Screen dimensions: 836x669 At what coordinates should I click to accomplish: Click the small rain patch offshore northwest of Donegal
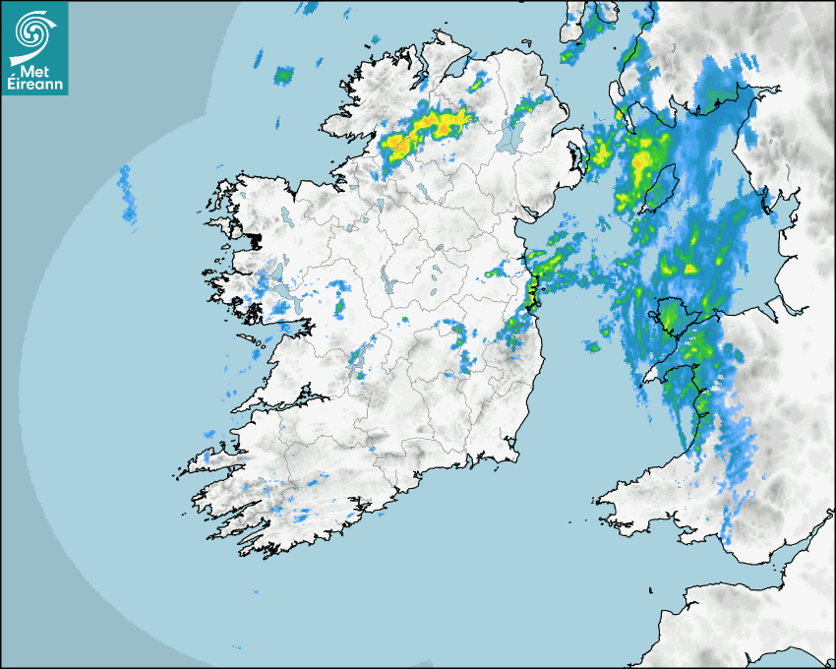[284, 74]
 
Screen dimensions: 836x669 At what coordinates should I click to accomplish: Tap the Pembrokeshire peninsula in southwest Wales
[620, 497]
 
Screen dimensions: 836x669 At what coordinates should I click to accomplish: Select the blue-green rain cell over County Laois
[460, 335]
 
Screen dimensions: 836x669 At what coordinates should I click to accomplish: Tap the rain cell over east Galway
[340, 305]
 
